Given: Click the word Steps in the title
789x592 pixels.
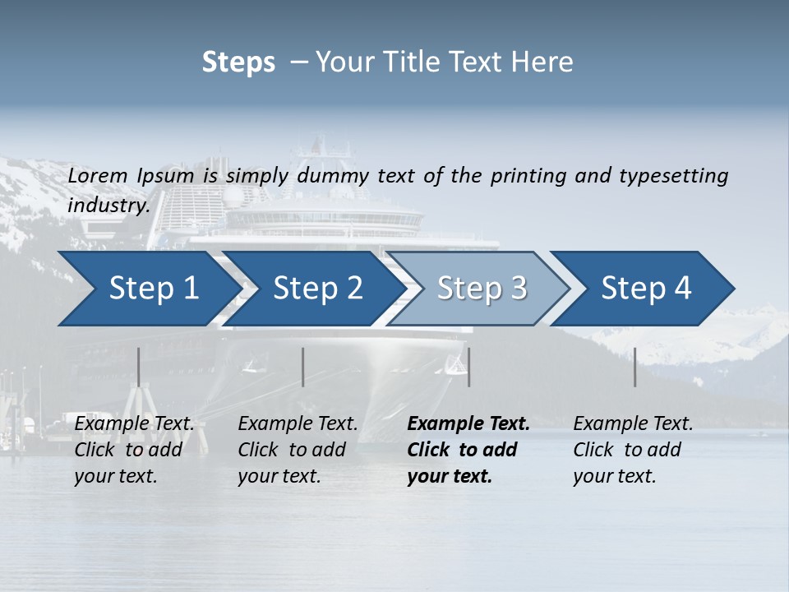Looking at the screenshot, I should point(238,62).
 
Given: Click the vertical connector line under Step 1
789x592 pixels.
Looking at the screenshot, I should point(139,367).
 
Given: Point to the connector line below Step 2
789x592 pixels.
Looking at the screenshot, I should point(303,367).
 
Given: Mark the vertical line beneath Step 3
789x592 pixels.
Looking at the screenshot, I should point(468,367).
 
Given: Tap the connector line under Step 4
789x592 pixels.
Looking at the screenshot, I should point(635,367).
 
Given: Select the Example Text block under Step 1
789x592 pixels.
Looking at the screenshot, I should point(134,450).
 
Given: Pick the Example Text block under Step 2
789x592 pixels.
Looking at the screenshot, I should point(298,450).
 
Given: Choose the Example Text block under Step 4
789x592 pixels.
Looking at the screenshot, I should point(633,450).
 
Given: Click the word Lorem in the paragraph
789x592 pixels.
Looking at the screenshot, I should point(98,176).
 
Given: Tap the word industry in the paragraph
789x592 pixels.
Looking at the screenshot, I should point(108,206).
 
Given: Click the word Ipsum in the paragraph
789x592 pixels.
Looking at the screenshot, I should point(165,176).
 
